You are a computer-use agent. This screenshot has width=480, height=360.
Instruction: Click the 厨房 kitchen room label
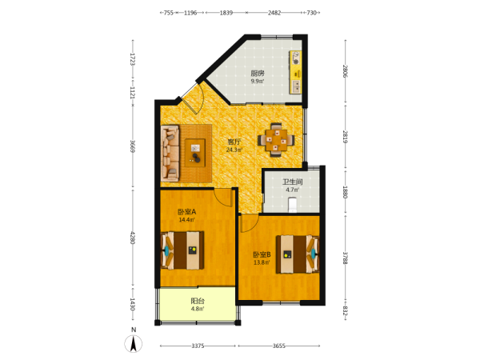tap(258, 73)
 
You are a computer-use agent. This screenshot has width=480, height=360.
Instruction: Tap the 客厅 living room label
tap(234, 142)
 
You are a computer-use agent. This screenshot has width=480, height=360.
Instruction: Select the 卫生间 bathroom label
tap(292, 182)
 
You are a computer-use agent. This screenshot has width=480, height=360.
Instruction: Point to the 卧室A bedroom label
tap(186, 211)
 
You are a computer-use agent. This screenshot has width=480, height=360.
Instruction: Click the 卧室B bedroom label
tap(262, 254)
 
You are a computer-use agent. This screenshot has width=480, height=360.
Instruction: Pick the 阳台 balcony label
tap(198, 301)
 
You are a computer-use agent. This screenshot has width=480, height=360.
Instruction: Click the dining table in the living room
tap(276, 140)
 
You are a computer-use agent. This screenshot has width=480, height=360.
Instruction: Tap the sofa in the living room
tap(170, 153)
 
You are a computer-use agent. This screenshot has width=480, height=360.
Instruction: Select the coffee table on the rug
tap(195, 153)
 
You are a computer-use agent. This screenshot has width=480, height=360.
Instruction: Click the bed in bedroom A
tap(182, 250)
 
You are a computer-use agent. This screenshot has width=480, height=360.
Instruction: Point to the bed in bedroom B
tap(298, 254)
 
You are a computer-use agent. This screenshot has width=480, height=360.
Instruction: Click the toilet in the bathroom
tap(293, 205)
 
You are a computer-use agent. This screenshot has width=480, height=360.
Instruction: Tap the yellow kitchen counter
tap(296, 72)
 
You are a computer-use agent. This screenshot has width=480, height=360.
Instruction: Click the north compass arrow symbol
tap(134, 343)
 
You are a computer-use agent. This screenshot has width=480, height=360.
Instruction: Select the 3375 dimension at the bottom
tap(198, 346)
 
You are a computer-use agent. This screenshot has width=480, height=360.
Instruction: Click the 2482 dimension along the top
tap(274, 13)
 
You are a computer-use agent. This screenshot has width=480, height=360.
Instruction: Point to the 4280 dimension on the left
tap(133, 238)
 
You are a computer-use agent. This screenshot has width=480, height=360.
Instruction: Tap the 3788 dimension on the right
tap(346, 258)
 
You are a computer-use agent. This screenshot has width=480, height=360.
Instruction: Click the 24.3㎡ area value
tap(234, 150)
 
